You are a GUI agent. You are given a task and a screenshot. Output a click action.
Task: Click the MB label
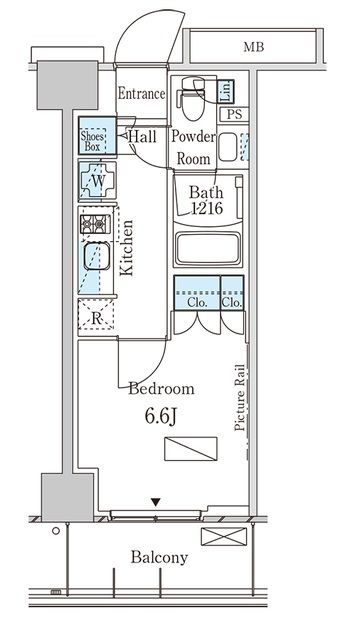pos(253,47)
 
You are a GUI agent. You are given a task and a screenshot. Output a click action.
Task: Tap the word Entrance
pos(141,94)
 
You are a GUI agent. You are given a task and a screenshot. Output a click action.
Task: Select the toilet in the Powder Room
pos(193,98)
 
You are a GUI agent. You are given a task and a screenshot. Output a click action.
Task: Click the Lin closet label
pos(225,91)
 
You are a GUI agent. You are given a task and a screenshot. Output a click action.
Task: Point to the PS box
pos(234,114)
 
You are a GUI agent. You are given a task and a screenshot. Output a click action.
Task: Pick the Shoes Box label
pos(93,141)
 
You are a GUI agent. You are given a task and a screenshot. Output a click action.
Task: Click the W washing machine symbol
pos(97,180)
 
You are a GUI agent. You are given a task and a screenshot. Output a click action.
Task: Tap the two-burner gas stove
pos(95,224)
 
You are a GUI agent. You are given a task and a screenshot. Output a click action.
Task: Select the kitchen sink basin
pos(97,256)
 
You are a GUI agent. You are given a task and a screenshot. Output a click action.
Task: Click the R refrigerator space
pos(96,316)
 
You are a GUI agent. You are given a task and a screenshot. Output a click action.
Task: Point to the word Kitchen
pos(127,248)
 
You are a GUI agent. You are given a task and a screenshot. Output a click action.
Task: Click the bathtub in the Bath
pos(208,249)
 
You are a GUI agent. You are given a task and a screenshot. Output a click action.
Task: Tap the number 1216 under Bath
pos(207,209)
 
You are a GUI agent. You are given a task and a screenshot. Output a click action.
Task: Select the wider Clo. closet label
pos(198,304)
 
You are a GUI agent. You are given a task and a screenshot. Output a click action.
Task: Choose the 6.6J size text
pos(160,417)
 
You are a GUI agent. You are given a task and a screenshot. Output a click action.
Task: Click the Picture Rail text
pos(240,397)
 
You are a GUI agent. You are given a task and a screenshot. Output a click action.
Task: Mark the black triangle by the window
pos(155,502)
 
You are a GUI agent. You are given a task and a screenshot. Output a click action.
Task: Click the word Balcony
pos(159,558)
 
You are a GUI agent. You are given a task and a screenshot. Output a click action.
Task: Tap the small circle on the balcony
pos(56,531)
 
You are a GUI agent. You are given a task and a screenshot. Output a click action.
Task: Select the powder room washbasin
pos(227,147)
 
